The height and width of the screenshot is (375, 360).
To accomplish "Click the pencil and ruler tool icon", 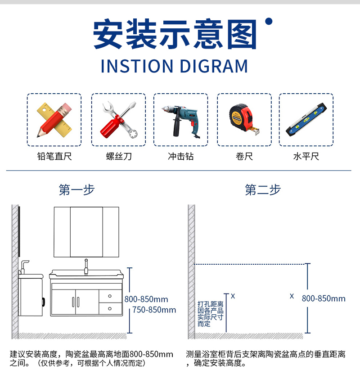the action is tap(54, 120).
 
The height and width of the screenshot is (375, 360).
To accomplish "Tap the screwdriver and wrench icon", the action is tap(119, 120).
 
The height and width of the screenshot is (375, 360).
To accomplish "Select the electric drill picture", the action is tap(180, 121).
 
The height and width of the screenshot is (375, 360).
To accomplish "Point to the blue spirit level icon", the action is tap(306, 120).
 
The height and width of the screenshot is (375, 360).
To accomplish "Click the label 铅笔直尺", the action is tap(54, 156).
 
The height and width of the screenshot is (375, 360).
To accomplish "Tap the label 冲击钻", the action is tap(181, 156).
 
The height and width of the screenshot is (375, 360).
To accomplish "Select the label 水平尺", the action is tap(306, 156).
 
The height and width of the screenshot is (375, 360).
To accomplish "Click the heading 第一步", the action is tap(77, 190).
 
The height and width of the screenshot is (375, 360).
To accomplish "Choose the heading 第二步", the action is tap(263, 190).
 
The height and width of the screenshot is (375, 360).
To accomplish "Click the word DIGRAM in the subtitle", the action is tap(214, 66).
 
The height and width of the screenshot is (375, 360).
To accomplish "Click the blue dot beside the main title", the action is tap(269, 21).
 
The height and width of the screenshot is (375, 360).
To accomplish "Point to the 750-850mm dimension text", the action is tap(154, 310).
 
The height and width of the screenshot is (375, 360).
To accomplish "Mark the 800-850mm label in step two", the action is tap(324, 298).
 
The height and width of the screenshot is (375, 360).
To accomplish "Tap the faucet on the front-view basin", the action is tap(86, 267).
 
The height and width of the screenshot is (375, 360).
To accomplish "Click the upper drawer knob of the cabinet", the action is tap(110, 296).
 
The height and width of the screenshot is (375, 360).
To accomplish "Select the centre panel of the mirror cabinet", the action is tap(86, 232).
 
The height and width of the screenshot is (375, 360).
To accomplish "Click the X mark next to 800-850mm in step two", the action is tap(292, 296).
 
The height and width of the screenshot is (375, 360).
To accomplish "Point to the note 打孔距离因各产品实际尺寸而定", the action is tap(210, 314).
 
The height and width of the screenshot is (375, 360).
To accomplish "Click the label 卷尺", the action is tap(244, 156).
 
